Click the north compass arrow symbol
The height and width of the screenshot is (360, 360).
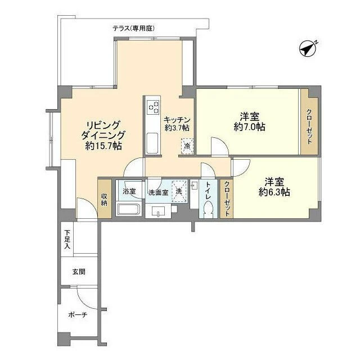(308, 49)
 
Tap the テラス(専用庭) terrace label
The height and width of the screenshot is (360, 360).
(133, 29)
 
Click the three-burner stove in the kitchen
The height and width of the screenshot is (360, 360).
(154, 107)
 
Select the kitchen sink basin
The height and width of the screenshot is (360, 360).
(152, 143)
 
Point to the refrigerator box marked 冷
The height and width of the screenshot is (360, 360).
(187, 146)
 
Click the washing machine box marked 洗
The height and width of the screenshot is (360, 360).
(179, 191)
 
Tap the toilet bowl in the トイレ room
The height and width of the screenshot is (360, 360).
(208, 210)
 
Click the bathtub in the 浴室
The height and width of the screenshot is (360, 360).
(128, 210)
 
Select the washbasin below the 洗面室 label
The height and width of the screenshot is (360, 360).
(158, 211)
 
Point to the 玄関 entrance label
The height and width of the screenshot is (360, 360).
(79, 272)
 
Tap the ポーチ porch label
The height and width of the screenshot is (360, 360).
(78, 314)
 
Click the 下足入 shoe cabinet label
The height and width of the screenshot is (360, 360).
(67, 240)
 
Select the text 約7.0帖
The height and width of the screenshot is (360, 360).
(250, 127)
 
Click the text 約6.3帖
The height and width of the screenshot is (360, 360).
(274, 192)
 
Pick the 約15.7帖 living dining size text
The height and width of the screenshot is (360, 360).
(103, 146)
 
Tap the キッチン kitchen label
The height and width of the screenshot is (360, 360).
(177, 120)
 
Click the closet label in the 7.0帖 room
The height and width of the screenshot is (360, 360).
(309, 126)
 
